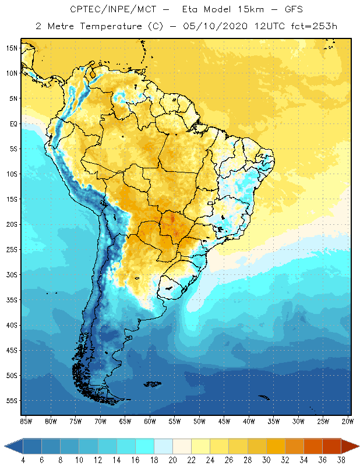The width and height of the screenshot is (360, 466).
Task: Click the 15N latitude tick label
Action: pos(12,48)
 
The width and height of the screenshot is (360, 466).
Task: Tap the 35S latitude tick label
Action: pos(12,300)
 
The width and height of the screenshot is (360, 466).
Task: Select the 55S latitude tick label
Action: pos(12,401)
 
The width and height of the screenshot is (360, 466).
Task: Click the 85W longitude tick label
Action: pos(26,421)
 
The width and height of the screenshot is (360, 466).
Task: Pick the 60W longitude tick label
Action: pos(150,421)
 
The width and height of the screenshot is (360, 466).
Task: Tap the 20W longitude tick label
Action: pos(348,421)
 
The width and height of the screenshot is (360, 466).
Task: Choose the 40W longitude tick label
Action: pos(249,421)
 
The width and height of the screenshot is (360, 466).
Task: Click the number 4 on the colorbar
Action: pos(23,460)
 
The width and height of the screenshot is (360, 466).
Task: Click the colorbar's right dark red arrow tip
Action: pos(357,446)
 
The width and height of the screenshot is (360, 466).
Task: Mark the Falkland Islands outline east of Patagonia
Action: pos(153,383)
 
